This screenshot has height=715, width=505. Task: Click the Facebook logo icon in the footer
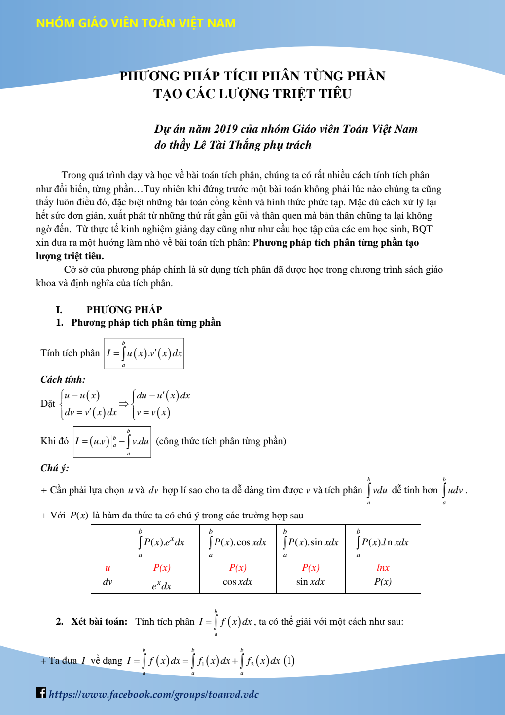pyautogui.click(x=41, y=692)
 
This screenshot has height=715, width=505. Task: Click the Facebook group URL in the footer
pyautogui.click(x=153, y=694)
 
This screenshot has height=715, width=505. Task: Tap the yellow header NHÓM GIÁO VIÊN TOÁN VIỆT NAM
pyautogui.click(x=136, y=23)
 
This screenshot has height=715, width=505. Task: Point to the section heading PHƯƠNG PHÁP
pyautogui.click(x=124, y=310)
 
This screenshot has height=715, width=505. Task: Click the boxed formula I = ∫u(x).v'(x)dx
pyautogui.click(x=144, y=354)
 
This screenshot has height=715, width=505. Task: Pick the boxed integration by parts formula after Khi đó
pyautogui.click(x=112, y=441)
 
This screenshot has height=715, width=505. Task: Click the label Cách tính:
pyautogui.click(x=63, y=380)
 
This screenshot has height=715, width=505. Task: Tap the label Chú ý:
pyautogui.click(x=55, y=468)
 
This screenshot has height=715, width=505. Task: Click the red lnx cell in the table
pyautogui.click(x=383, y=568)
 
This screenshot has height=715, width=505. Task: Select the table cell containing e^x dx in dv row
pyautogui.click(x=162, y=585)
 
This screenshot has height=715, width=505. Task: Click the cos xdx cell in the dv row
pyautogui.click(x=237, y=582)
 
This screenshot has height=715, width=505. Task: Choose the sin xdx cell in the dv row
pyautogui.click(x=310, y=582)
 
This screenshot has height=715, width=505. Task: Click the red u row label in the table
pyautogui.click(x=108, y=568)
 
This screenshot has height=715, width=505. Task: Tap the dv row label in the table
pyautogui.click(x=108, y=582)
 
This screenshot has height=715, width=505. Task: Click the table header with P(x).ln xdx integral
pyautogui.click(x=383, y=543)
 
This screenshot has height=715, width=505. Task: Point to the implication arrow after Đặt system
pyautogui.click(x=124, y=404)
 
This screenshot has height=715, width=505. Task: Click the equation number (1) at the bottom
pyautogui.click(x=289, y=661)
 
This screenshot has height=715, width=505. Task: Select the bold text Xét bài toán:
pyautogui.click(x=99, y=622)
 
